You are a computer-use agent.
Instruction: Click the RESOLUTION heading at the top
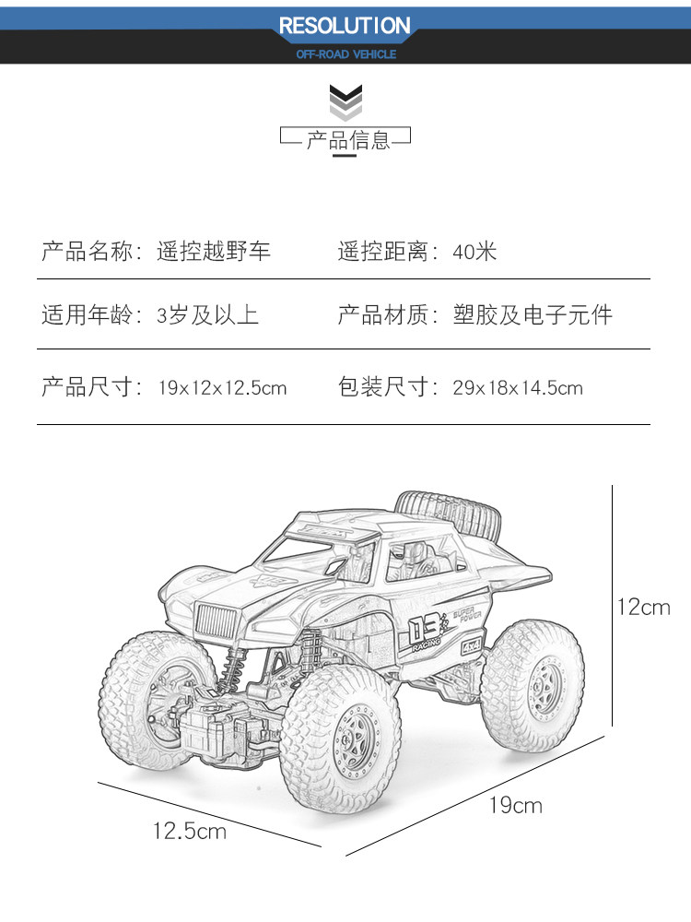tap(345, 26)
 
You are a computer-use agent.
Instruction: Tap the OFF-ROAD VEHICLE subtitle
tap(345, 54)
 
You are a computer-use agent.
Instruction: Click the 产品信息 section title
tap(348, 140)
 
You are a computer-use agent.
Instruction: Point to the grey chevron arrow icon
tap(345, 101)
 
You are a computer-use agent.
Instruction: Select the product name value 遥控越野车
tap(214, 251)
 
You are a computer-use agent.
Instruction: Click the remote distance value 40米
tap(474, 251)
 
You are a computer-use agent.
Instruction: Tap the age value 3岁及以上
tap(207, 315)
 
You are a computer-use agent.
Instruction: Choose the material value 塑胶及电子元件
tap(532, 315)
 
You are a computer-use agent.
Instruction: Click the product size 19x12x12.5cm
tap(222, 388)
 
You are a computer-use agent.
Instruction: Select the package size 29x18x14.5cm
tap(517, 388)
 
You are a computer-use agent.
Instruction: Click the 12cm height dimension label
tap(644, 607)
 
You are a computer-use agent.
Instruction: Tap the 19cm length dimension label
tap(515, 806)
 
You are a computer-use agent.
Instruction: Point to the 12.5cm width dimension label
tap(189, 832)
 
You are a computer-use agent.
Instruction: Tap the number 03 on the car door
tap(427, 631)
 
